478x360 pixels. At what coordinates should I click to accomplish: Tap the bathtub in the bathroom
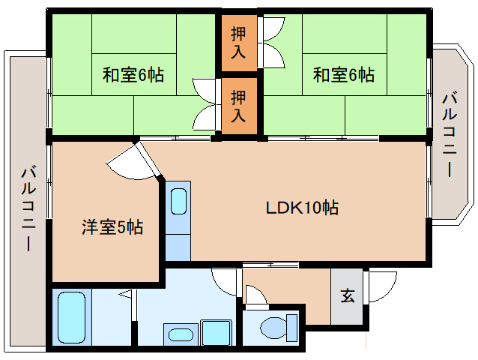[x=71, y=317]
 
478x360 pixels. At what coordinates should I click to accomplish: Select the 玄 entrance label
[x=348, y=295]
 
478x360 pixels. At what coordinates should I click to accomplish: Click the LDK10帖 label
[x=303, y=208]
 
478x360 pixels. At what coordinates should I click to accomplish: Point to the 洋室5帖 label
[x=112, y=226]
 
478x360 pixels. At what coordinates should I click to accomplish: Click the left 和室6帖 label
[x=133, y=75]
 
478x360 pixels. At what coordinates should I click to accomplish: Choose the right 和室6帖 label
[x=344, y=75]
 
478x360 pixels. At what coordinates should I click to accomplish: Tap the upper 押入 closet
[x=239, y=43]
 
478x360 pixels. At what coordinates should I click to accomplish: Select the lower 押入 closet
[x=239, y=106]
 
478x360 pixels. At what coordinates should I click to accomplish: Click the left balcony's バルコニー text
[x=29, y=208]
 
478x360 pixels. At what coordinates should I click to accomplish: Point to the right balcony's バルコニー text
[x=450, y=135]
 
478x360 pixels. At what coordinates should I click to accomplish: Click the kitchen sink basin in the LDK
[x=178, y=201]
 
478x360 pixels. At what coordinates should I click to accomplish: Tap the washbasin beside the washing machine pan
[x=181, y=334]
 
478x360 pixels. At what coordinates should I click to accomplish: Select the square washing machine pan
[x=216, y=332]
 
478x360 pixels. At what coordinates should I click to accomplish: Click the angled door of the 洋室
[x=149, y=159]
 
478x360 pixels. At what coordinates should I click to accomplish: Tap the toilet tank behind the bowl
[x=291, y=328]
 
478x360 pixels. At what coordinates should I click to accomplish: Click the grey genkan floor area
[x=347, y=296]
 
